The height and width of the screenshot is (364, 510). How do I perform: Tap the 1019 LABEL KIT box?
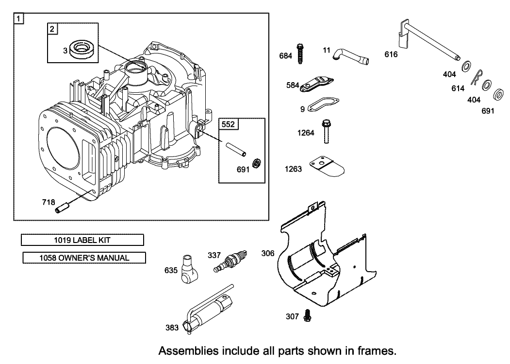tap(82, 240)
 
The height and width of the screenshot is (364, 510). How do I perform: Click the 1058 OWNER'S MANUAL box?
tap(84, 258)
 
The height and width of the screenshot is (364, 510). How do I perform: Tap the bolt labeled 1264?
tap(326, 131)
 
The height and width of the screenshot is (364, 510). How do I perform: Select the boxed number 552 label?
tap(228, 124)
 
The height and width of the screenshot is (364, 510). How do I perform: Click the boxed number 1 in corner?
tap(18, 19)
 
